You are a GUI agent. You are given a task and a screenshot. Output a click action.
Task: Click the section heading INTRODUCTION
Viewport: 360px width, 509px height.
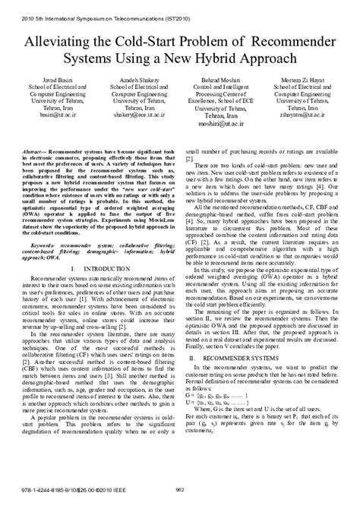point(100,269)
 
